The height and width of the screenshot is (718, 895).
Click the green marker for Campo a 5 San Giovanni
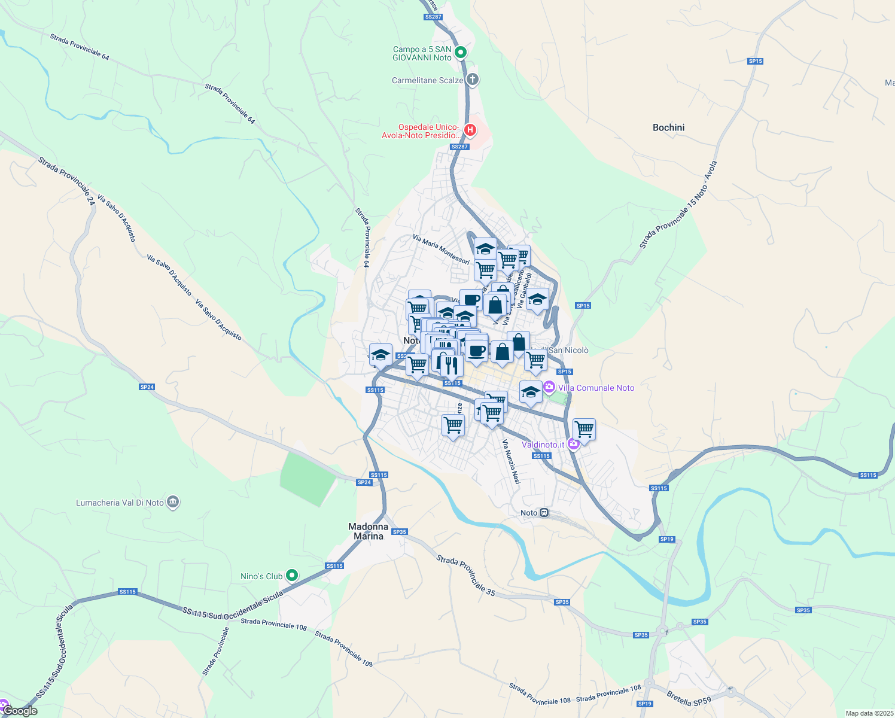coord(461,53)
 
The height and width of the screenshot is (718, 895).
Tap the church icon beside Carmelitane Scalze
coord(473,80)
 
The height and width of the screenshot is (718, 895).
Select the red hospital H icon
coord(470,129)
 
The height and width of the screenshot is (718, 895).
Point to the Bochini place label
coord(668,127)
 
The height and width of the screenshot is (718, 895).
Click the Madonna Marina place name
coord(368,531)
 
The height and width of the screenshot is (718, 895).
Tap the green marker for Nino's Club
coord(292,576)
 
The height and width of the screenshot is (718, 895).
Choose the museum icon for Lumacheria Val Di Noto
coord(173,502)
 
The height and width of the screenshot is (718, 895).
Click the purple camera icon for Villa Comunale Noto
coord(549,388)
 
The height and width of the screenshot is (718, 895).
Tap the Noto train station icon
coord(544,513)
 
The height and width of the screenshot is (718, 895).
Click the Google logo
coord(20,711)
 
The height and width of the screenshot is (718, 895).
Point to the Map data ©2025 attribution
coord(869,713)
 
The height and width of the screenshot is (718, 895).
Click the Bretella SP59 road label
coord(689,698)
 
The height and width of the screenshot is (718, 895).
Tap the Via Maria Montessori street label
coord(441,249)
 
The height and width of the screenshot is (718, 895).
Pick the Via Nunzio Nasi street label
coord(511,462)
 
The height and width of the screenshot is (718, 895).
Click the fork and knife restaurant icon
coord(451,364)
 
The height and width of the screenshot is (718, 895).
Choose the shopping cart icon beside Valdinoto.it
coord(584,429)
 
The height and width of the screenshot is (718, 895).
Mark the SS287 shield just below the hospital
coord(459,147)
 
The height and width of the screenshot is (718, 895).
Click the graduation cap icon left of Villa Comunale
coord(530,393)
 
